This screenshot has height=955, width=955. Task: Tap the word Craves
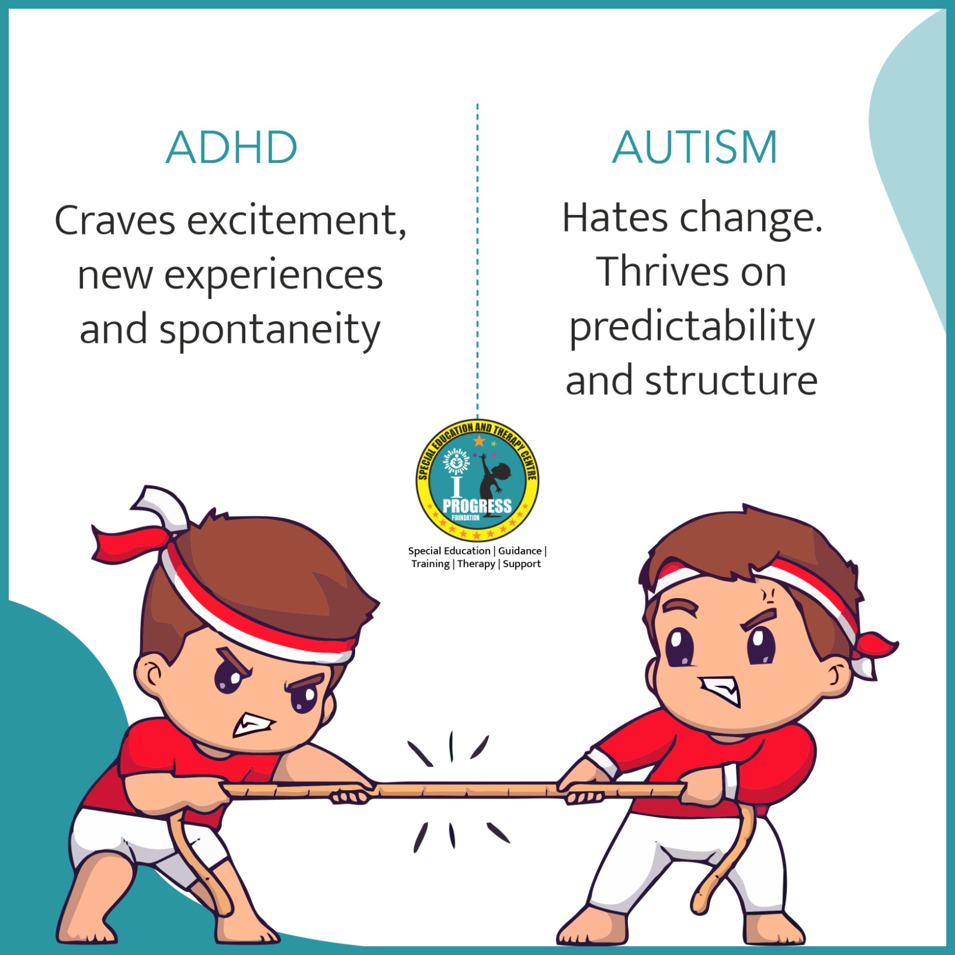pos(115,221)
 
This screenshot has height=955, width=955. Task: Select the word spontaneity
pos(270,331)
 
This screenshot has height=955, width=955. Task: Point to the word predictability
pos(692,328)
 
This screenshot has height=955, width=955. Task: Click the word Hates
pos(615,218)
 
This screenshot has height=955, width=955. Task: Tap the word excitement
pos(297,221)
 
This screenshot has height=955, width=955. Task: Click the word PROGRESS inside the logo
pos(477,506)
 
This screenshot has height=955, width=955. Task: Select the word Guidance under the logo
pos(520,551)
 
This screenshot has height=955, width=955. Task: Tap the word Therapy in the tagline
pos(476,564)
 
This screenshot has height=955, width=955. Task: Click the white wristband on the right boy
pos(729,782)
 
